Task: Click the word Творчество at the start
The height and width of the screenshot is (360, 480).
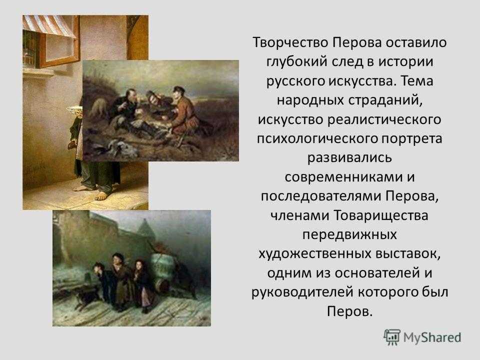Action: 290,42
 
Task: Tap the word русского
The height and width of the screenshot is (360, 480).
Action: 295,81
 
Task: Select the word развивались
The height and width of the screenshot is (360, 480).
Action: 349,158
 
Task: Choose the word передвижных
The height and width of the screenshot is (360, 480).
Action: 349,235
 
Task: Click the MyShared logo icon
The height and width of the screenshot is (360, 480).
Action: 392,337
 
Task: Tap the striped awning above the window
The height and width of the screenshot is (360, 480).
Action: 49,25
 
